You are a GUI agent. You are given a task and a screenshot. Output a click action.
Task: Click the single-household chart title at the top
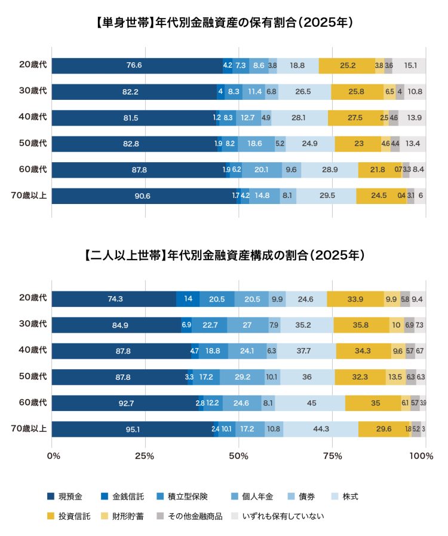[x=224, y=23]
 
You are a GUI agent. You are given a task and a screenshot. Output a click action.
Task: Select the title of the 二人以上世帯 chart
[x=224, y=255]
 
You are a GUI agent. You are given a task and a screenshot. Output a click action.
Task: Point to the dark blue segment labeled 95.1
[x=133, y=429]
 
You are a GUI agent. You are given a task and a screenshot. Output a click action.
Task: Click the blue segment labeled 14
[x=188, y=299]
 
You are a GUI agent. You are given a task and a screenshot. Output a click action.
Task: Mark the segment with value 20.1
[x=261, y=170]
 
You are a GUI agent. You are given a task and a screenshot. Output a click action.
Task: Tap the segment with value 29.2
[x=242, y=377]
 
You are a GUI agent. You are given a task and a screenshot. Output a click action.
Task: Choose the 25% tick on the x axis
[x=145, y=457]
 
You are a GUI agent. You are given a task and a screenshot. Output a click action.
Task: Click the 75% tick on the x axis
[x=332, y=457]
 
